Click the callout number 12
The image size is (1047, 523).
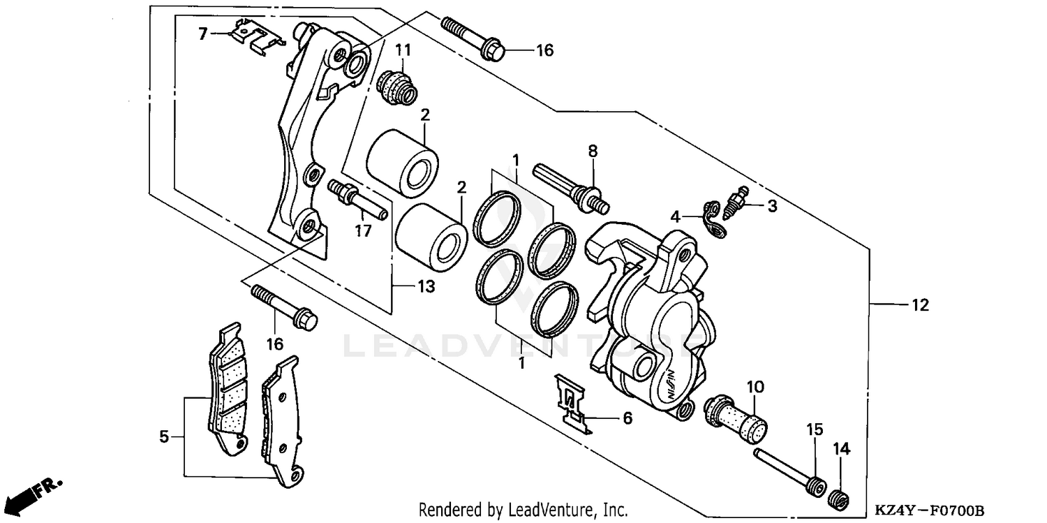pos(919,304)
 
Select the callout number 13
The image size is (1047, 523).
pos(426,286)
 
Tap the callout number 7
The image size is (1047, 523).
pos(203,33)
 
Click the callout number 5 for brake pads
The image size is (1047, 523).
pos(164,437)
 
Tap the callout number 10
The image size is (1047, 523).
pos(756,386)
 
